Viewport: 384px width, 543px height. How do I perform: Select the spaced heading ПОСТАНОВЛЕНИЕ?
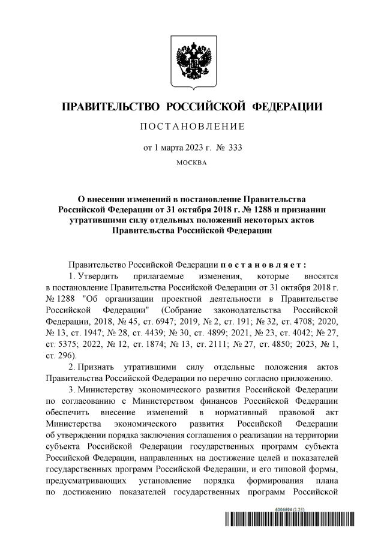(x=192, y=127)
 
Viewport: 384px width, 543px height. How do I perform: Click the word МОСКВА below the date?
(x=192, y=163)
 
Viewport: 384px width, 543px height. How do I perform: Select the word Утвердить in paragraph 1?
(x=97, y=276)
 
